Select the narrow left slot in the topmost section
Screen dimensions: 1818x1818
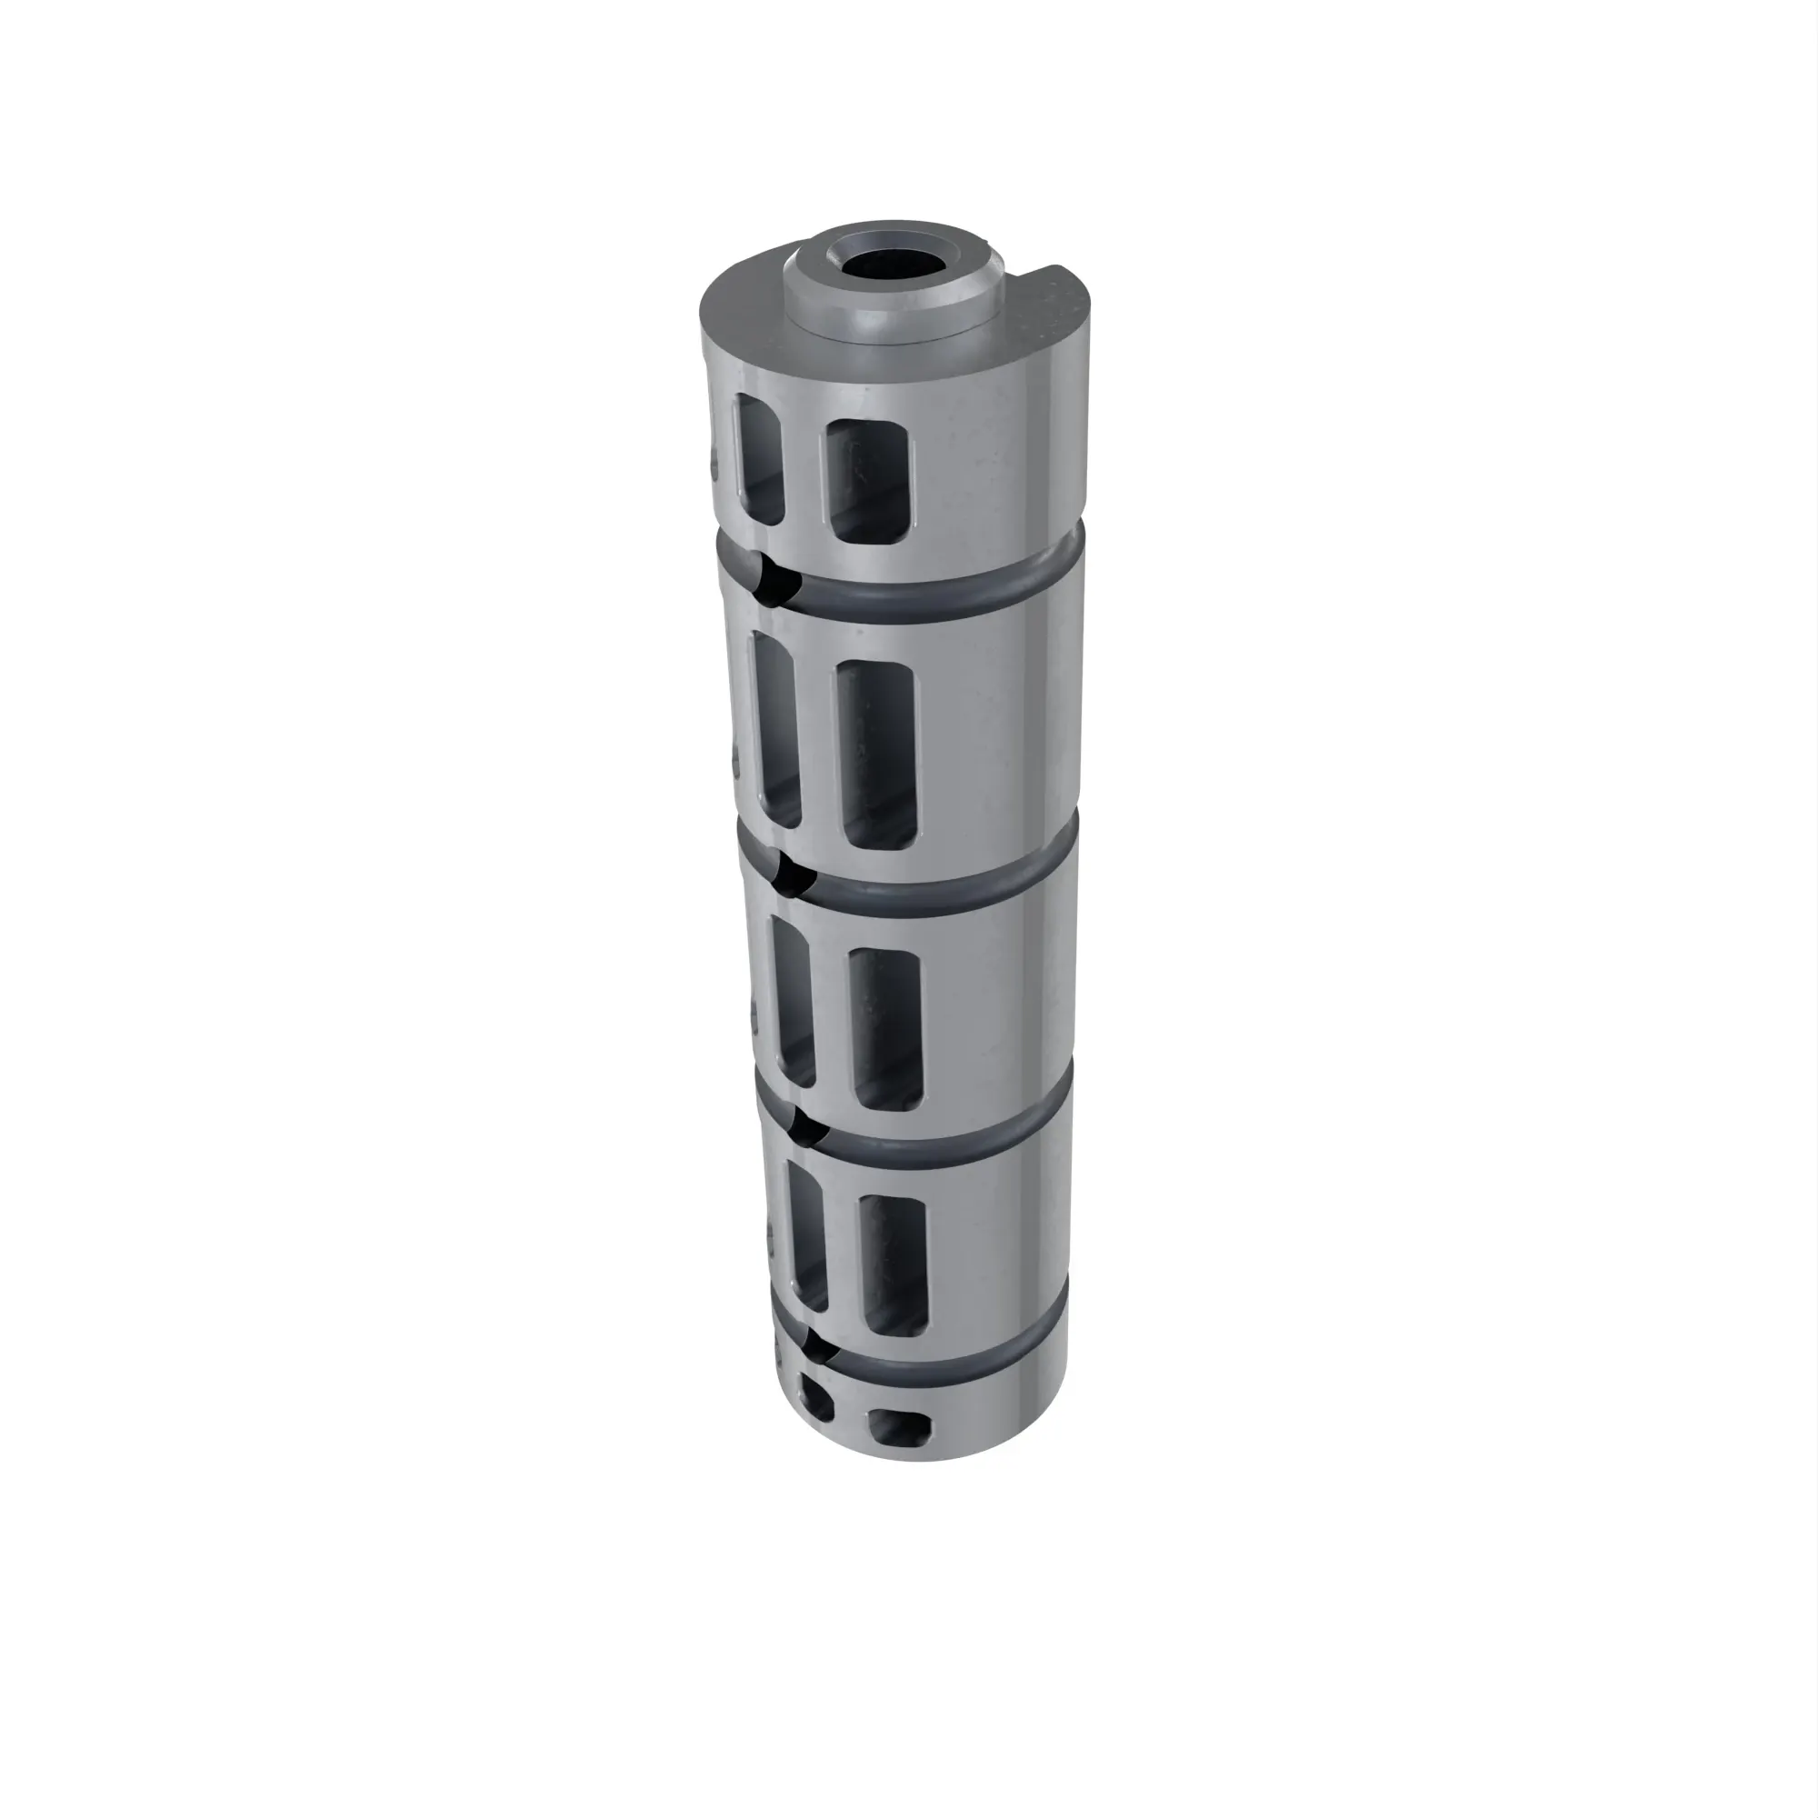point(759,457)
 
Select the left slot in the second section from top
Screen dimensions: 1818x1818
point(777,729)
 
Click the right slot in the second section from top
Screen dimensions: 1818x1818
point(875,753)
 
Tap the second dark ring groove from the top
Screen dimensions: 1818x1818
point(941,884)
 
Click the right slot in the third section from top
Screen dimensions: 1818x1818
point(885,1031)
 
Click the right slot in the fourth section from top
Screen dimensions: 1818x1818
point(894,1265)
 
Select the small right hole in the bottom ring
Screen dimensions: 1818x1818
point(899,1427)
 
